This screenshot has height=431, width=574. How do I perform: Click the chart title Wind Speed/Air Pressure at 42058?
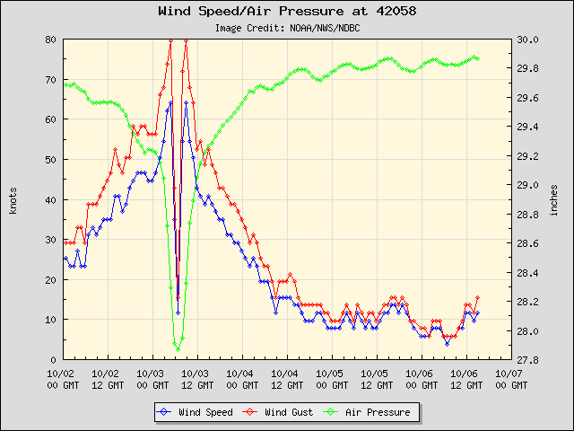click(x=286, y=12)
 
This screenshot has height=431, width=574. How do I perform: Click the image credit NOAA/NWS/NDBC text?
click(x=287, y=28)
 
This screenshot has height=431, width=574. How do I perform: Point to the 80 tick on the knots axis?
click(x=52, y=40)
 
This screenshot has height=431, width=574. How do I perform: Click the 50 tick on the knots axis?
click(x=52, y=160)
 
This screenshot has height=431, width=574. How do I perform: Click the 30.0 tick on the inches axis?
click(x=527, y=40)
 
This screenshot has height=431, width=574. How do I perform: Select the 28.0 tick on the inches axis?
click(x=527, y=331)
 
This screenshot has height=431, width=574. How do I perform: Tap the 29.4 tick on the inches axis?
click(x=527, y=128)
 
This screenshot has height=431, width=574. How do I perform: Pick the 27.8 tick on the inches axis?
click(x=527, y=360)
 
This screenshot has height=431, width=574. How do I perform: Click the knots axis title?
click(x=13, y=199)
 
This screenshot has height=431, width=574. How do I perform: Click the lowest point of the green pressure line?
click(x=178, y=348)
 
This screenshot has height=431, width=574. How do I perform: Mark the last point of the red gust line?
click(x=477, y=297)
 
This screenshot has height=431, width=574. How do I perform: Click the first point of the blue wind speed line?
click(x=65, y=259)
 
